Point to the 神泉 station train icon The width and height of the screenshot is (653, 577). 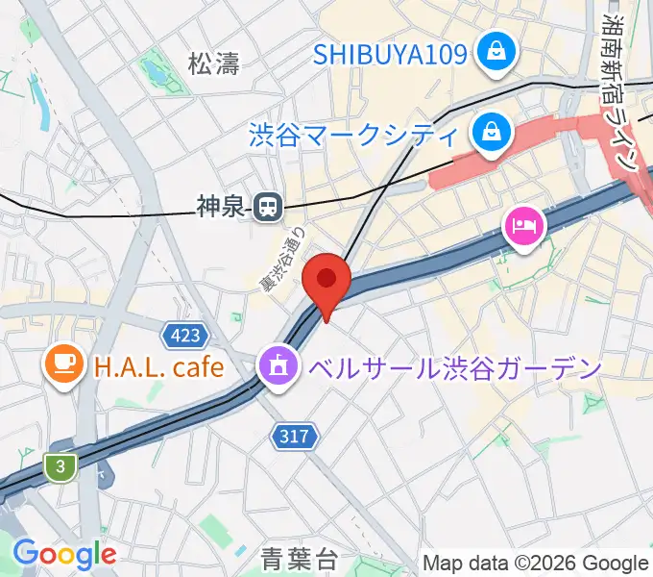click(x=267, y=204)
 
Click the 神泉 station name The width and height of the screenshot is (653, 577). click(x=222, y=204)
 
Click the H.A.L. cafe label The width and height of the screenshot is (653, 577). click(x=158, y=365)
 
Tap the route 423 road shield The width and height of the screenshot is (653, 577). click(x=183, y=335)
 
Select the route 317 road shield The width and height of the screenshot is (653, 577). click(x=294, y=436)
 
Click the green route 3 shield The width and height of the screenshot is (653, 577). click(x=60, y=466)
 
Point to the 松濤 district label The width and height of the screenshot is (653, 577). click(x=213, y=64)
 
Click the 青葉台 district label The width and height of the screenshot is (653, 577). click(x=298, y=557)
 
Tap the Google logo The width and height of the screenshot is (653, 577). click(x=64, y=554)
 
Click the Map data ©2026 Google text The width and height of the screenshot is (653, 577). click(x=536, y=563)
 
